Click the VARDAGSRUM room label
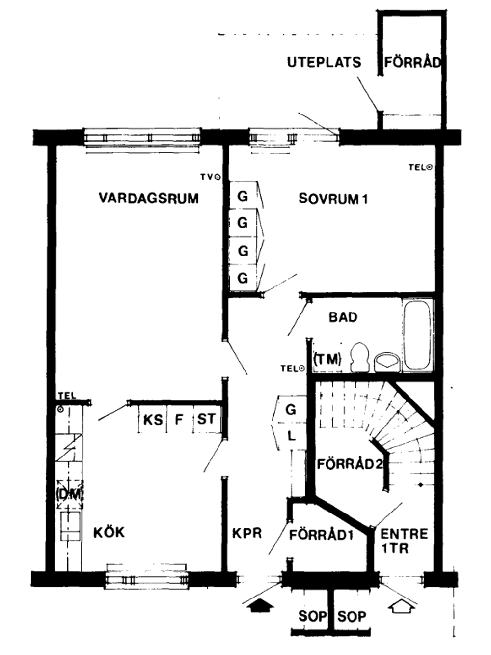click(148, 199)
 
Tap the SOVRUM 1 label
click(333, 199)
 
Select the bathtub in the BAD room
click(417, 336)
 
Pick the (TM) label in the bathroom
click(327, 359)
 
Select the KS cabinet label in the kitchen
click(153, 421)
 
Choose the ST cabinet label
click(206, 419)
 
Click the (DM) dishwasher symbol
click(70, 495)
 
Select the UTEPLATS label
click(324, 63)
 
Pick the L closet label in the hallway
click(291, 436)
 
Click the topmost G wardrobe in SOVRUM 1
click(243, 197)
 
